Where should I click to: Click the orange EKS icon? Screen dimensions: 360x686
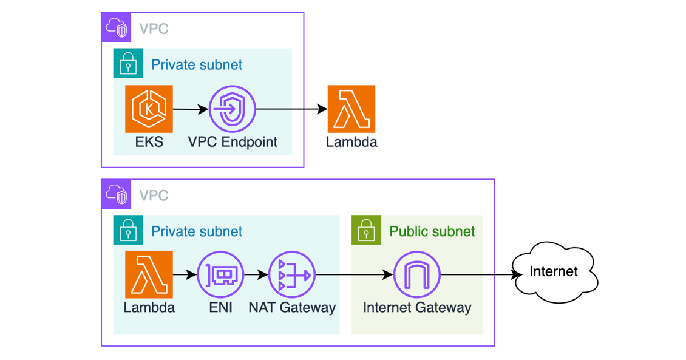point(149,109)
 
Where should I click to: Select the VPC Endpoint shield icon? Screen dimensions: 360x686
point(232,109)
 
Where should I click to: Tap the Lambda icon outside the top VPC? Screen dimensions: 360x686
point(351,109)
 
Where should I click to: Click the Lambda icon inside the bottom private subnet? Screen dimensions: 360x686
point(149,275)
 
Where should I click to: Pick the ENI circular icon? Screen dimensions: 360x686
point(220,275)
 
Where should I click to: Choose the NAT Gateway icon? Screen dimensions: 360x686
point(292,275)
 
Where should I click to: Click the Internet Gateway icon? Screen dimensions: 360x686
point(417,275)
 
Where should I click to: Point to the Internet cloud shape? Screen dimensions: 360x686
point(554,271)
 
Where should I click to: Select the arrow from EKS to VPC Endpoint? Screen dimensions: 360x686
point(191,110)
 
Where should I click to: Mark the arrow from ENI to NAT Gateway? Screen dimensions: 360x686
point(256,275)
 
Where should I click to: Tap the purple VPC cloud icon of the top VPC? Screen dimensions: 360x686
point(116,28)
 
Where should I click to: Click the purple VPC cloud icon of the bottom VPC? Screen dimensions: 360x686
point(116,194)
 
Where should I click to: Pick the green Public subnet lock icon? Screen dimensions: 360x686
point(366,231)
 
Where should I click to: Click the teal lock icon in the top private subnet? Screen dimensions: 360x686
point(128,64)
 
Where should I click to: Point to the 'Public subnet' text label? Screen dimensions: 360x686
point(432,231)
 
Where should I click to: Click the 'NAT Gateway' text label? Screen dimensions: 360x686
point(292,307)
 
